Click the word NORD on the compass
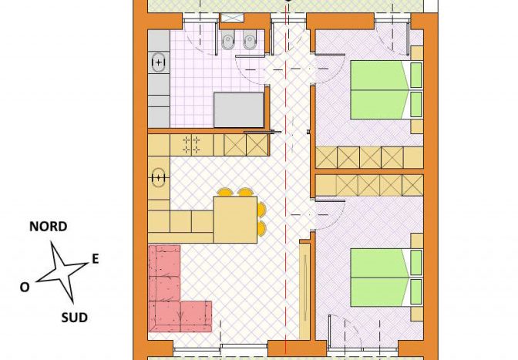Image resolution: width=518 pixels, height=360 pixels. (49, 227)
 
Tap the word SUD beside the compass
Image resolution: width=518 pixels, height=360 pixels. (74, 318)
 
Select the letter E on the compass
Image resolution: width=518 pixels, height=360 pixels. (95, 258)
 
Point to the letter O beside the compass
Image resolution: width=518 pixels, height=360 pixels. (25, 287)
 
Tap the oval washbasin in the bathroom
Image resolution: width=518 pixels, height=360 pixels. (159, 62)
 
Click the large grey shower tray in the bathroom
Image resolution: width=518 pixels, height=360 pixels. (238, 110)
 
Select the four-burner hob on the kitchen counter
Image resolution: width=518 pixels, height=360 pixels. (191, 145)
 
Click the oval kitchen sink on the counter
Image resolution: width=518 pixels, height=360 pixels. (159, 178)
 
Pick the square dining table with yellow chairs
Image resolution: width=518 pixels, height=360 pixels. (235, 220)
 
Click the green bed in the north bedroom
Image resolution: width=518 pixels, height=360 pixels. (386, 89)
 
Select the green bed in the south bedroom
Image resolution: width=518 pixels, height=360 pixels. (386, 278)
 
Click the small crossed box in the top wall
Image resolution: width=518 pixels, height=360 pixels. (231, 18)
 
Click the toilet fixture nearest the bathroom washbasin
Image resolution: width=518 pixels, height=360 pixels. (227, 41)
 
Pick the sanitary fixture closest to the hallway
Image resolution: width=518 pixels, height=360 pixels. (249, 41)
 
